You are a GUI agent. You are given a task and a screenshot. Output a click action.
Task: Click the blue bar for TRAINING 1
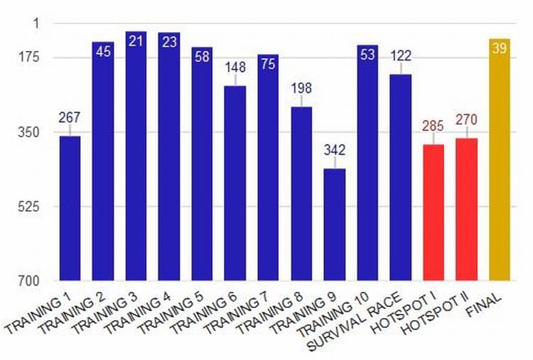70,208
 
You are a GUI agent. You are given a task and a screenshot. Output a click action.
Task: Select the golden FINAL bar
500,160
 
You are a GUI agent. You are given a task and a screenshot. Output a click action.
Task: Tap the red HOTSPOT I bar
434,212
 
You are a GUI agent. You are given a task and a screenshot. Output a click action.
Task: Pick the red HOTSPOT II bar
466,209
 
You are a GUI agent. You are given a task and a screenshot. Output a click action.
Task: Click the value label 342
335,150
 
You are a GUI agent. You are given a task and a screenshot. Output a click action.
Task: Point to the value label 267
70,117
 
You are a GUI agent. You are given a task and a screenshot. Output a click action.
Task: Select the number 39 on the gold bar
500,48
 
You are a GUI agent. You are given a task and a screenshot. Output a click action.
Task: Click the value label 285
433,126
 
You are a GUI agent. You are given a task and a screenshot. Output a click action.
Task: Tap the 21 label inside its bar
136,41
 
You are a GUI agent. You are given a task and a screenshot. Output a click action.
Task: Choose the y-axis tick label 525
29,206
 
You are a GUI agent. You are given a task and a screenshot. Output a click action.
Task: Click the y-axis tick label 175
29,57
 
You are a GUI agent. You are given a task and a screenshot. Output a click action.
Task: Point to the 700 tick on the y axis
29,280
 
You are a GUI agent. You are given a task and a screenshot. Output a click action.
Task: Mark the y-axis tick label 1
36,23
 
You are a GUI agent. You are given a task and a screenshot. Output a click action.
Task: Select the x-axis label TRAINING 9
303,312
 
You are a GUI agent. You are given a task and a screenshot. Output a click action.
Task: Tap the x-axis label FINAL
484,305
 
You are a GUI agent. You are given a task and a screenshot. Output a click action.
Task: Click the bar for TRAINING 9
335,224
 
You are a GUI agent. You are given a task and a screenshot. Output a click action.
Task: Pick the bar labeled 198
301,194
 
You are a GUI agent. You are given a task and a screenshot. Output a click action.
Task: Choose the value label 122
401,56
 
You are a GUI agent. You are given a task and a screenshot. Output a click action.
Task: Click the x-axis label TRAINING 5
171,312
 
